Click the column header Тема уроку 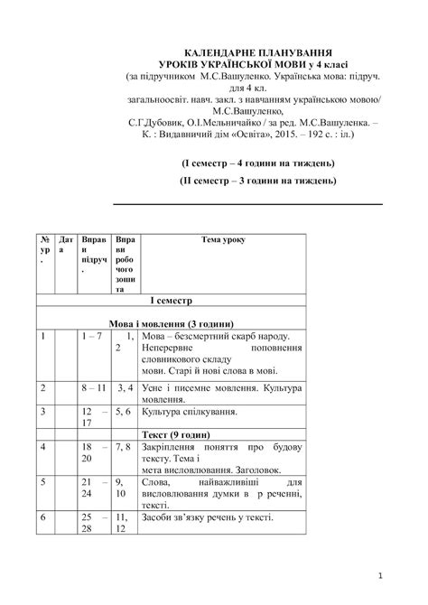pyautogui.click(x=222, y=239)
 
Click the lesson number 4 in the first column pyautogui.click(x=42, y=447)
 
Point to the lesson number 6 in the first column pyautogui.click(x=42, y=517)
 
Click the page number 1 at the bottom pyautogui.click(x=382, y=575)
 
